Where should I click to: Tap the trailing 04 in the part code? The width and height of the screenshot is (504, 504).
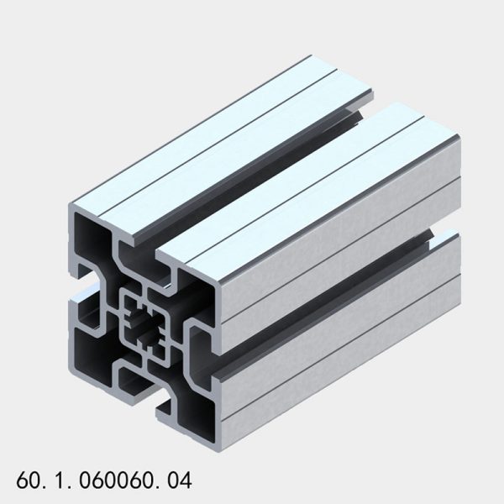point(180,481)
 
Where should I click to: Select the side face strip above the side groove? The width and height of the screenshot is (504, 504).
point(336,244)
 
